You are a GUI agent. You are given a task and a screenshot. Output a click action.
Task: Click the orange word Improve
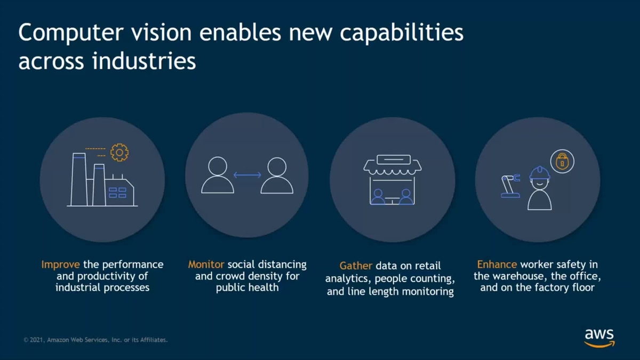coord(60,265)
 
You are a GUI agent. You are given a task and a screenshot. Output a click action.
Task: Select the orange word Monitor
coord(206,265)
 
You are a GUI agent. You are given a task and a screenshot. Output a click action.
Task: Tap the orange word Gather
coord(356,266)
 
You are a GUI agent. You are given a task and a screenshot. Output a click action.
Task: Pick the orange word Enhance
coord(497,265)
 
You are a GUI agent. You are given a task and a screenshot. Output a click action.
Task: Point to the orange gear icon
coord(119,153)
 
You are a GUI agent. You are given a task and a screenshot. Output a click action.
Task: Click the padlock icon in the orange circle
coord(562,161)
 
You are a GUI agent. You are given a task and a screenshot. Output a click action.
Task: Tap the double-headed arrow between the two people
coord(247,175)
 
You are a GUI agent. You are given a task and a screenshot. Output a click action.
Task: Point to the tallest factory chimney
coord(78,179)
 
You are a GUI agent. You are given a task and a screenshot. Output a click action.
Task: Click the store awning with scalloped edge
coord(393,166)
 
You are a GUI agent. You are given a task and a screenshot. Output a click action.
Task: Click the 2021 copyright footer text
coord(96,340)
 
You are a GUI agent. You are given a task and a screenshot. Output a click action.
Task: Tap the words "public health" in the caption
coord(247,288)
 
